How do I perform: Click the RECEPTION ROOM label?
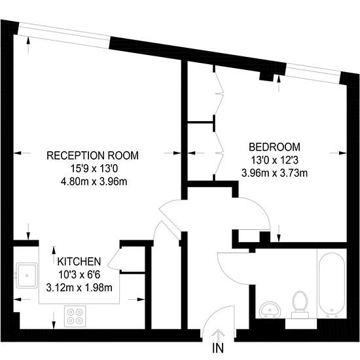[92, 155]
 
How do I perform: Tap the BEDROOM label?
[274, 147]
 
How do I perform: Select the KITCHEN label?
[79, 262]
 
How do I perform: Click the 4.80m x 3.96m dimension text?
[94, 182]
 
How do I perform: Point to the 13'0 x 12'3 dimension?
[274, 160]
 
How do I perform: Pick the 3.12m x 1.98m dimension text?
[79, 288]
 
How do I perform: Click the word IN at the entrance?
[218, 348]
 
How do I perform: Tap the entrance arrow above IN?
[218, 335]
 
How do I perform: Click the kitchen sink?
[27, 275]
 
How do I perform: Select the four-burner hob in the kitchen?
[75, 316]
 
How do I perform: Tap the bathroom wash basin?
[270, 310]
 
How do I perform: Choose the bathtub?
[332, 285]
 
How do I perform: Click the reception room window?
[64, 35]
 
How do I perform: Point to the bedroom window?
[313, 73]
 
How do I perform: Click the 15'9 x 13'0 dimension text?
[94, 169]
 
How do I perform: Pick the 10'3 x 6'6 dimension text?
[79, 275]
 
